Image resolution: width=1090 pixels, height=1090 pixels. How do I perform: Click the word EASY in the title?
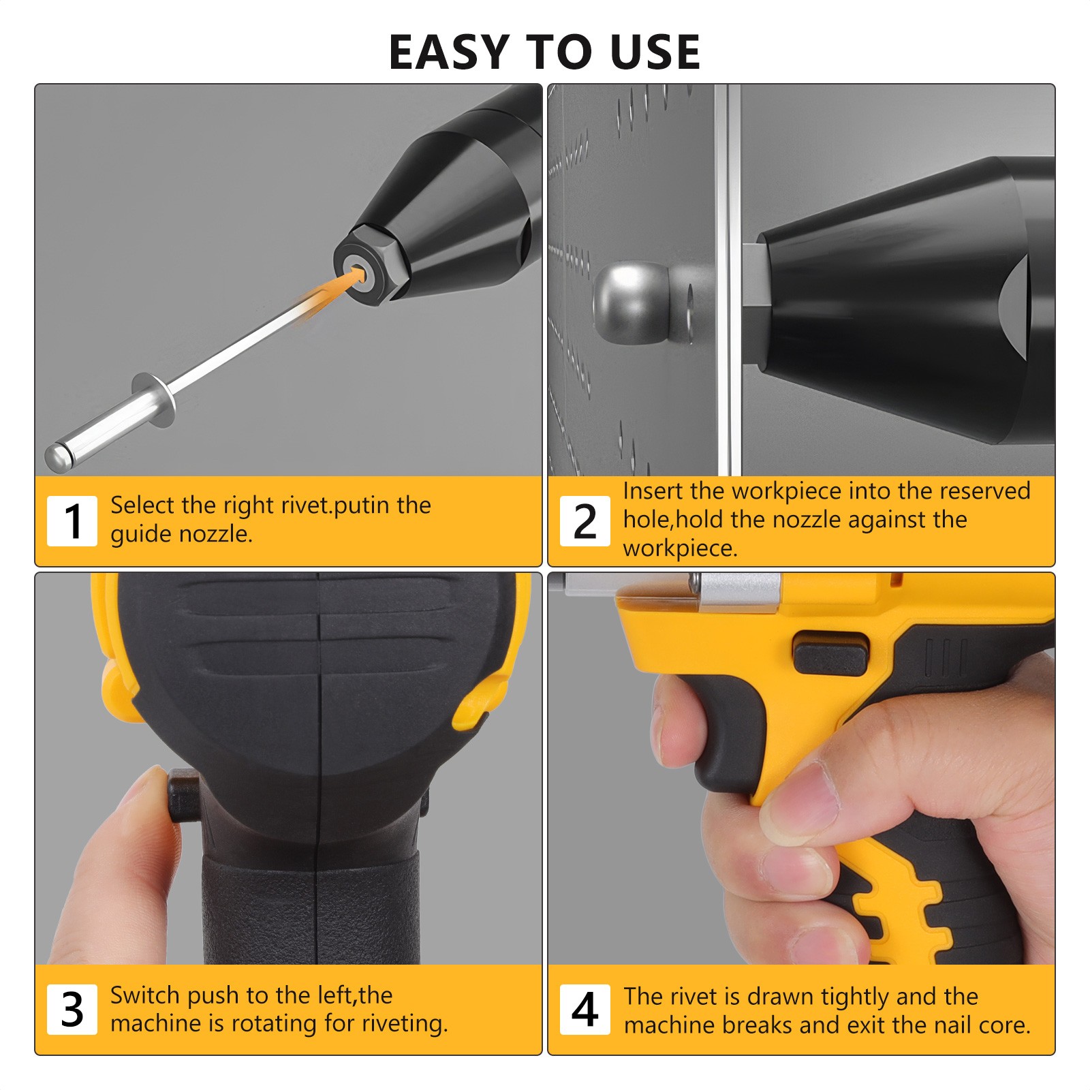[448, 52]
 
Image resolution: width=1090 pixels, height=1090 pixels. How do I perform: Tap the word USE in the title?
[655, 52]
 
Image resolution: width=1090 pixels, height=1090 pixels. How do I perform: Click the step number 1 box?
[72, 521]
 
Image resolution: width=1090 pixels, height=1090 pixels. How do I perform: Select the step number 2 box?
[585, 521]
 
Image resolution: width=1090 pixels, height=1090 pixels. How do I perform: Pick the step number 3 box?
[72, 1009]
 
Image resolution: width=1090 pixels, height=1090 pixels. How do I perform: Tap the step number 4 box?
[585, 1009]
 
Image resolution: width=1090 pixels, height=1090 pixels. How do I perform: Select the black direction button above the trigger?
[830, 653]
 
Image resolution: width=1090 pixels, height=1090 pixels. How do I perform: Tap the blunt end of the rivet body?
[59, 456]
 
